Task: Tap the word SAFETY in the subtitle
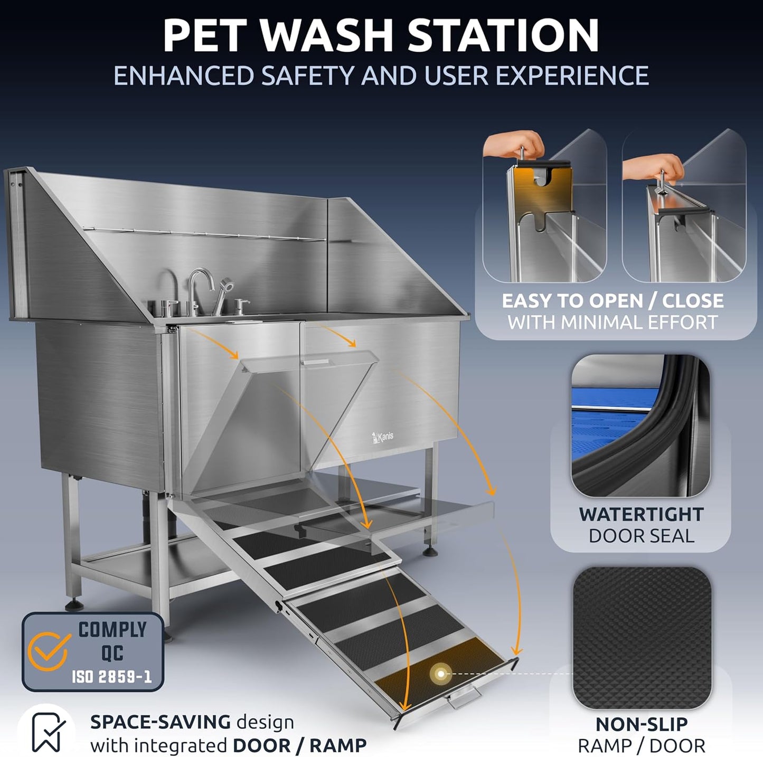[310, 75]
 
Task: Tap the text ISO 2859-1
[112, 677]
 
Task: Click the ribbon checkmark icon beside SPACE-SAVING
[48, 731]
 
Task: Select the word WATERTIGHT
[641, 514]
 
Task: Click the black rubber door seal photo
[640, 426]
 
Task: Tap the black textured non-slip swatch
[642, 638]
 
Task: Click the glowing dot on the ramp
[440, 674]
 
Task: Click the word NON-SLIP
[641, 724]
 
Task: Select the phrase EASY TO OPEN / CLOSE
[613, 300]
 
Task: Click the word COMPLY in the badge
[112, 629]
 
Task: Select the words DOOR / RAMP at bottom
[299, 745]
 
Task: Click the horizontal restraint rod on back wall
[211, 234]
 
